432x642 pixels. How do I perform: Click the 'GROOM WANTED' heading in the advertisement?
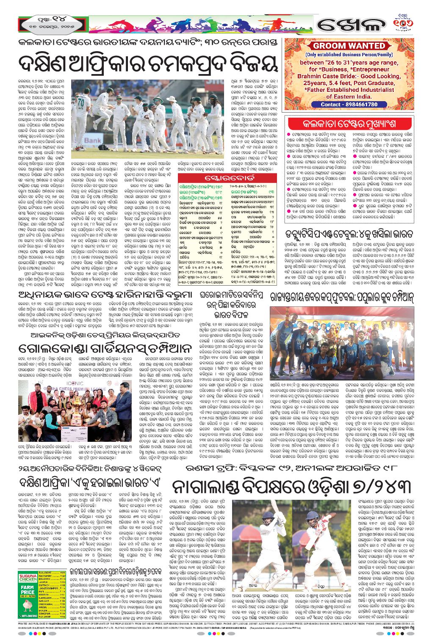pyautogui.click(x=349, y=46)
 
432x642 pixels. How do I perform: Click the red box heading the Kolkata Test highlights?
pyautogui.click(x=349, y=124)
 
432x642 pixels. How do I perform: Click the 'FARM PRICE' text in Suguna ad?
pyautogui.click(x=28, y=589)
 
